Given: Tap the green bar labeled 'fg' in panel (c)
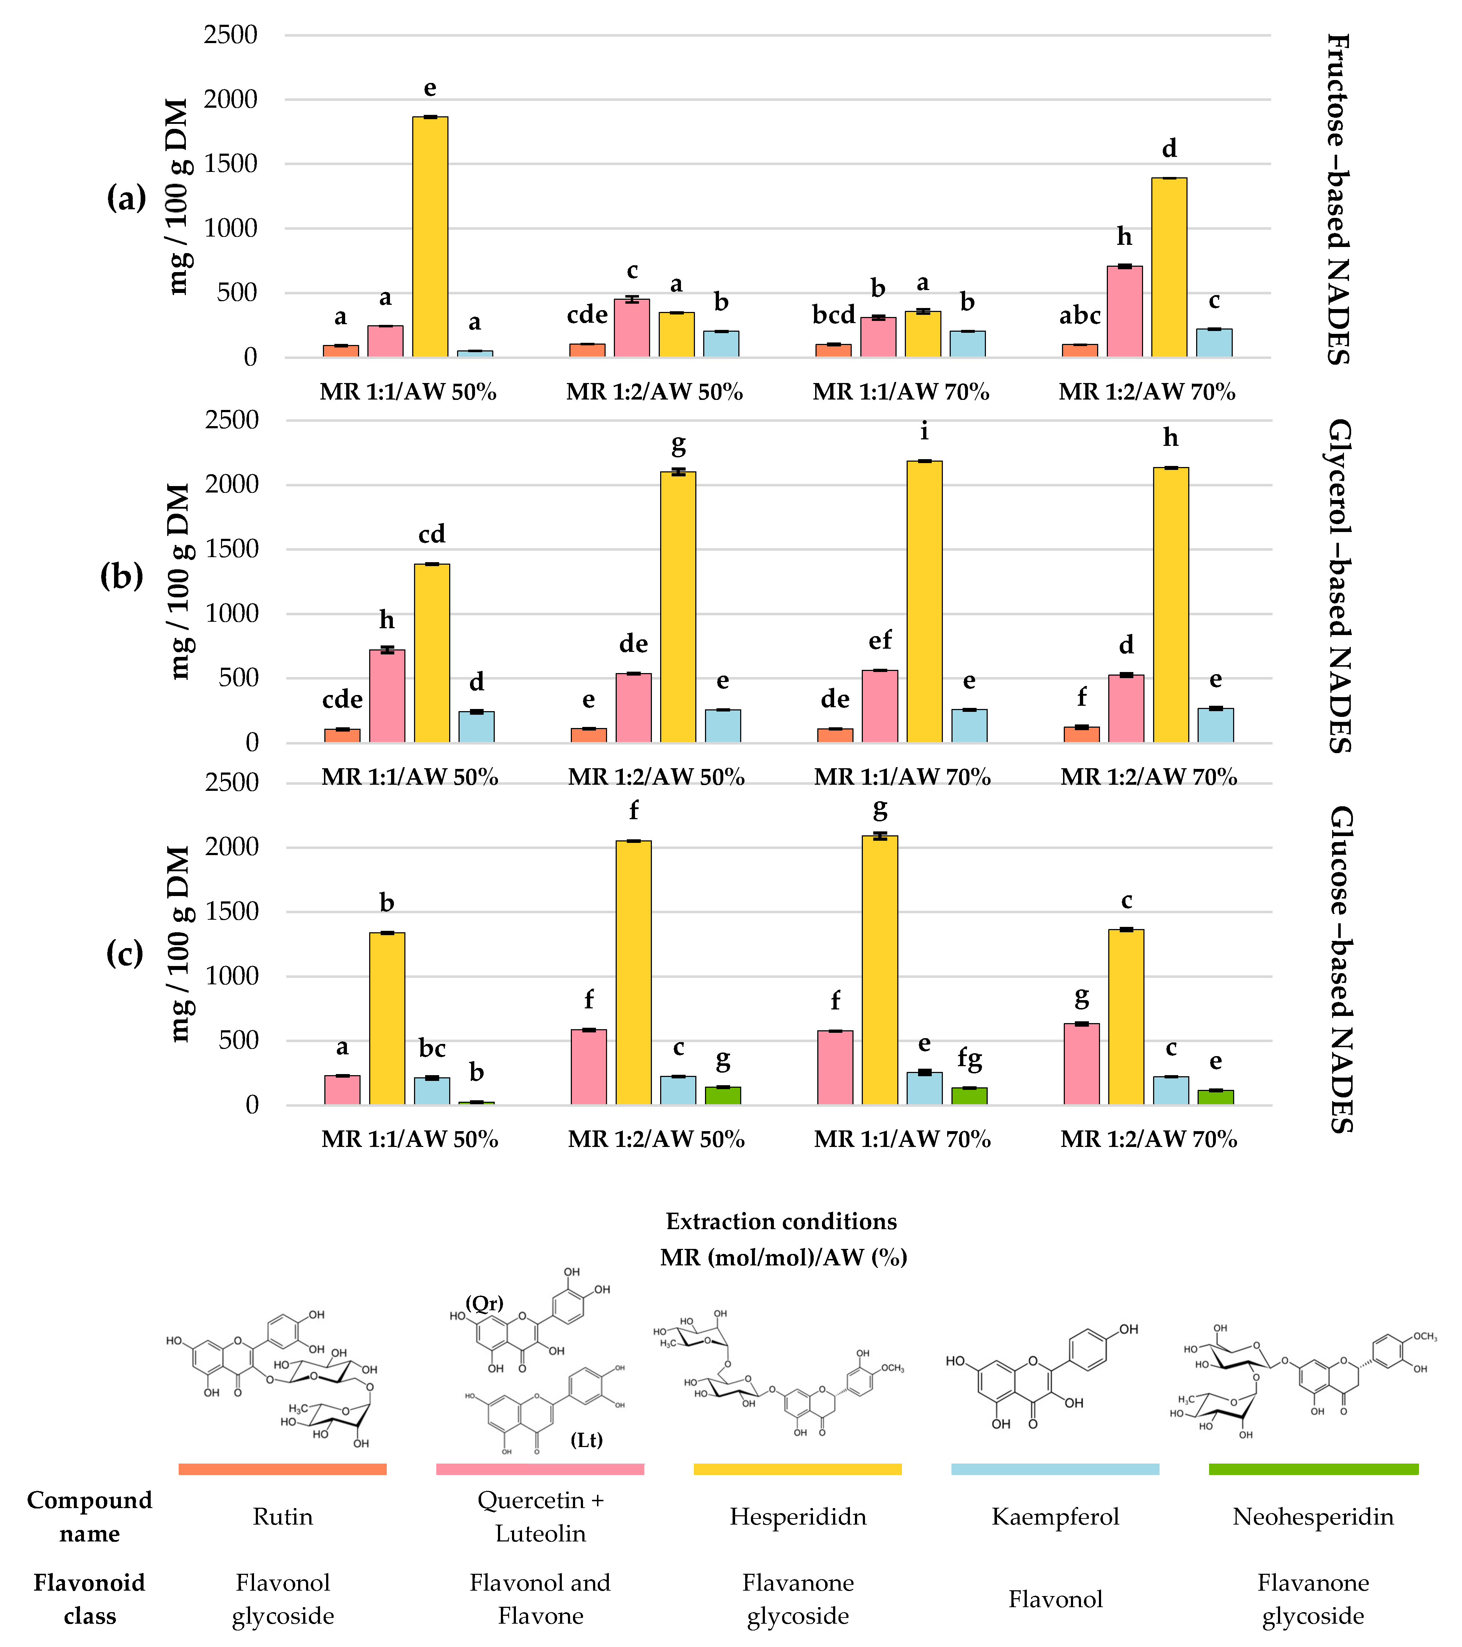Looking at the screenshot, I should tap(969, 1096).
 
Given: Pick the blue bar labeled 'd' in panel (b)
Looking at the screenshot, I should tap(476, 727).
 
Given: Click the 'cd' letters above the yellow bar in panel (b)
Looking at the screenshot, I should tap(432, 534).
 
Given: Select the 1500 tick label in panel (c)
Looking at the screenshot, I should tap(231, 911).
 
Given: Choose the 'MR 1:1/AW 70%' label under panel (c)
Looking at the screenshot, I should tap(902, 1139).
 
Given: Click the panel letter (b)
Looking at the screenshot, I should tap(122, 576).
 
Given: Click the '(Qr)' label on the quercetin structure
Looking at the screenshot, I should tap(484, 1303).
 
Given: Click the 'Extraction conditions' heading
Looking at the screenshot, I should tap(781, 1222).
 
